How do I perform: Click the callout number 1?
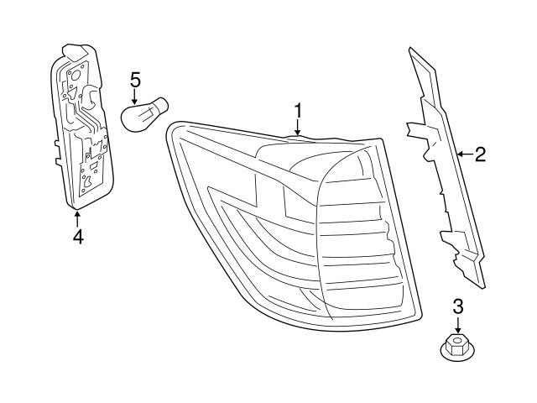(297, 110)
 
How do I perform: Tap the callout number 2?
(480, 154)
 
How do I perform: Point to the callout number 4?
(77, 238)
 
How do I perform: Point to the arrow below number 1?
(297, 128)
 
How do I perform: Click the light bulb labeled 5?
(147, 113)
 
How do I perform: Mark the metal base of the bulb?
(163, 109)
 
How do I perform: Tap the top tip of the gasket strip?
(412, 51)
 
